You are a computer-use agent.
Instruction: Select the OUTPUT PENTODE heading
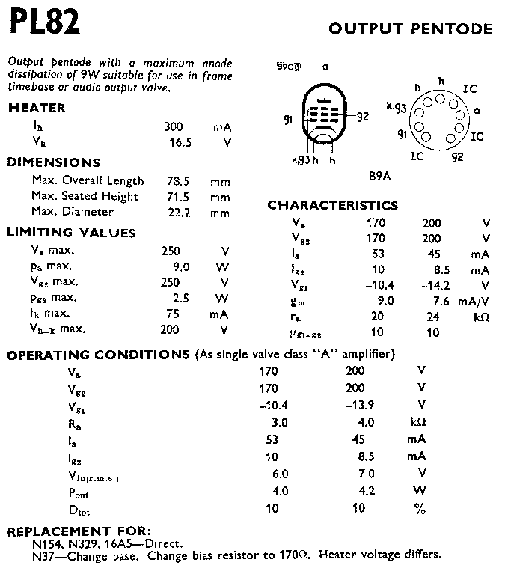[411, 29]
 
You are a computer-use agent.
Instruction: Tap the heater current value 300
[173, 127]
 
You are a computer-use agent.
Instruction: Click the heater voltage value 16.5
[173, 142]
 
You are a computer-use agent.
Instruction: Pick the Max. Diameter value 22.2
[173, 213]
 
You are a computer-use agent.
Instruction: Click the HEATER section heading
[37, 108]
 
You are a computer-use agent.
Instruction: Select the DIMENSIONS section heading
[53, 162]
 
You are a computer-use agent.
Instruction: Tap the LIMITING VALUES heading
[71, 233]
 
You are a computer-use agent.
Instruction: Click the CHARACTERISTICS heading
[333, 205]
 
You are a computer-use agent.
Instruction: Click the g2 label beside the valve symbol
[362, 116]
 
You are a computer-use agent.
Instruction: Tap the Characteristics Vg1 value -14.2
[432, 285]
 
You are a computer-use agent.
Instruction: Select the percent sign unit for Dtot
[421, 509]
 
